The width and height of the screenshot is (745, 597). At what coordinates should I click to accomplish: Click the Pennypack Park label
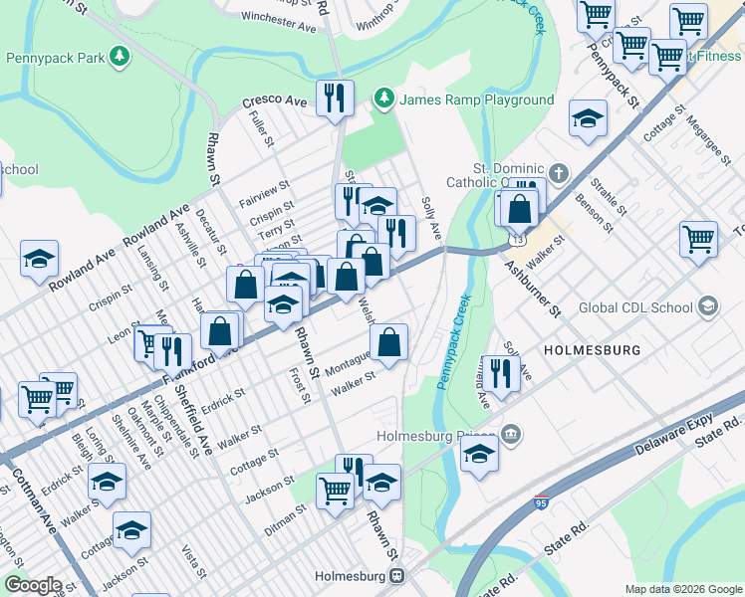pyautogui.click(x=55, y=59)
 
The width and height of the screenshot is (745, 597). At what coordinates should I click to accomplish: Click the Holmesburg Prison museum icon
pyautogui.click(x=511, y=435)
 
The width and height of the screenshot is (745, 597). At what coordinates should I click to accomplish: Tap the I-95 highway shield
pyautogui.click(x=542, y=505)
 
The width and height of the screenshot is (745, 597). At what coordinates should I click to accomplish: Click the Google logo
pyautogui.click(x=33, y=585)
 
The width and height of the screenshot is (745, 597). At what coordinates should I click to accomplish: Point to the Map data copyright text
pyautogui.click(x=682, y=589)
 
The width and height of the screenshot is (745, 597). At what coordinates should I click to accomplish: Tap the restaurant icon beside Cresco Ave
pyautogui.click(x=334, y=98)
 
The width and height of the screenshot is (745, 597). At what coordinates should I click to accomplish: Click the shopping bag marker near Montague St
pyautogui.click(x=389, y=342)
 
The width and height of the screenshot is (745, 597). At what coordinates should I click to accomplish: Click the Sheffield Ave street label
pyautogui.click(x=199, y=426)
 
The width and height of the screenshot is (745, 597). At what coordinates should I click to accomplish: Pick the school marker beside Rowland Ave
pyautogui.click(x=39, y=260)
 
